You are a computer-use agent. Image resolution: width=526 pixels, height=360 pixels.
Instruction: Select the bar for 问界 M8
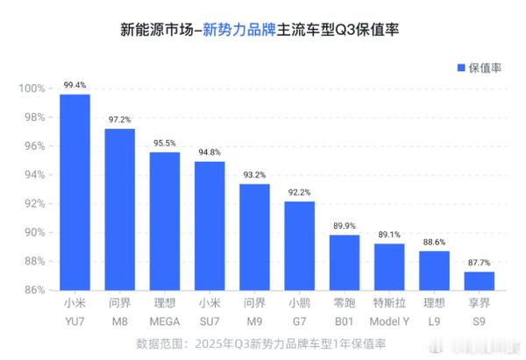tap(120, 208)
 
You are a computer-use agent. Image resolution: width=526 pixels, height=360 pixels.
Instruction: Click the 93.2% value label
tap(254, 175)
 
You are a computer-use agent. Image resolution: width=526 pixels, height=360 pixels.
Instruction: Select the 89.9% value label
tap(345, 226)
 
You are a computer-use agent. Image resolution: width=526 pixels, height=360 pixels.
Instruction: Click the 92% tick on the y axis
tap(32, 203)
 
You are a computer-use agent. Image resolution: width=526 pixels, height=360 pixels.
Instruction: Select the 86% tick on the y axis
tap(32, 290)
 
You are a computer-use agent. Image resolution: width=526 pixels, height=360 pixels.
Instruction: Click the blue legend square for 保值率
tap(459, 67)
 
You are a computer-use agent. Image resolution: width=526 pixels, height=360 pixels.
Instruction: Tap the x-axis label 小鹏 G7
tap(299, 310)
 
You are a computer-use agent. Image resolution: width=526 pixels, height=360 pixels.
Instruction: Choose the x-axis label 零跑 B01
tap(345, 310)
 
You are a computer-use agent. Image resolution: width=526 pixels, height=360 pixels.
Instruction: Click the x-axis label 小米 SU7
tap(210, 310)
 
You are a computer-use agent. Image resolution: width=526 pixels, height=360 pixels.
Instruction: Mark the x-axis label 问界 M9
tap(254, 310)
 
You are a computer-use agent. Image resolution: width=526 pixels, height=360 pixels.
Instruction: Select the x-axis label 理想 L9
tap(434, 310)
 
